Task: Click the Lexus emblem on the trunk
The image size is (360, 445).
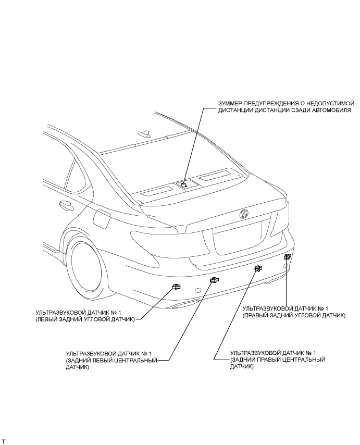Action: pyautogui.click(x=243, y=213)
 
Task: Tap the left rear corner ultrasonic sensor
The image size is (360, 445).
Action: pyautogui.click(x=176, y=286)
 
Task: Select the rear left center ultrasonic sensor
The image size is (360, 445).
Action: pyautogui.click(x=214, y=281)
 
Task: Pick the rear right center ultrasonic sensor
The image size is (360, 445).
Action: pyautogui.click(x=257, y=268)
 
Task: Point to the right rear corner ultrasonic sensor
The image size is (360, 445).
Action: pyautogui.click(x=287, y=256)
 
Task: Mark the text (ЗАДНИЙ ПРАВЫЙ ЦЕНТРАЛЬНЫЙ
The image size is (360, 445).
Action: pyautogui.click(x=278, y=360)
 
